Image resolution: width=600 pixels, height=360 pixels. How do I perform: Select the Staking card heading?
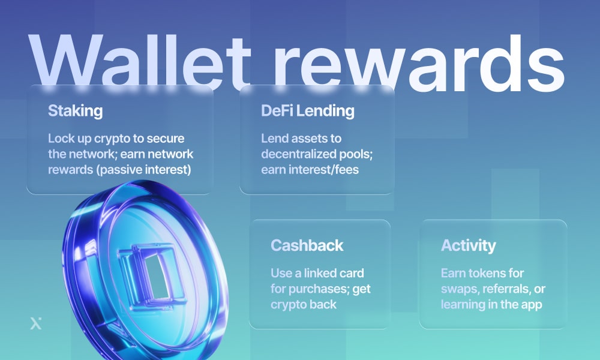(75, 111)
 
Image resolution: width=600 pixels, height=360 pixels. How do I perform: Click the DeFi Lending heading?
(307, 111)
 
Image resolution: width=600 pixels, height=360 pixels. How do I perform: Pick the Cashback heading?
(307, 245)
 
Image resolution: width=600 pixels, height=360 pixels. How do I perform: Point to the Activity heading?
(468, 245)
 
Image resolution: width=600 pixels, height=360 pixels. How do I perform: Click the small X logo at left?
(35, 323)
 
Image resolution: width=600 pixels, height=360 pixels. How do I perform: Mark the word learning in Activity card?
(463, 305)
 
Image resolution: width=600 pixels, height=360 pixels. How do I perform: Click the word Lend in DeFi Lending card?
(274, 139)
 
